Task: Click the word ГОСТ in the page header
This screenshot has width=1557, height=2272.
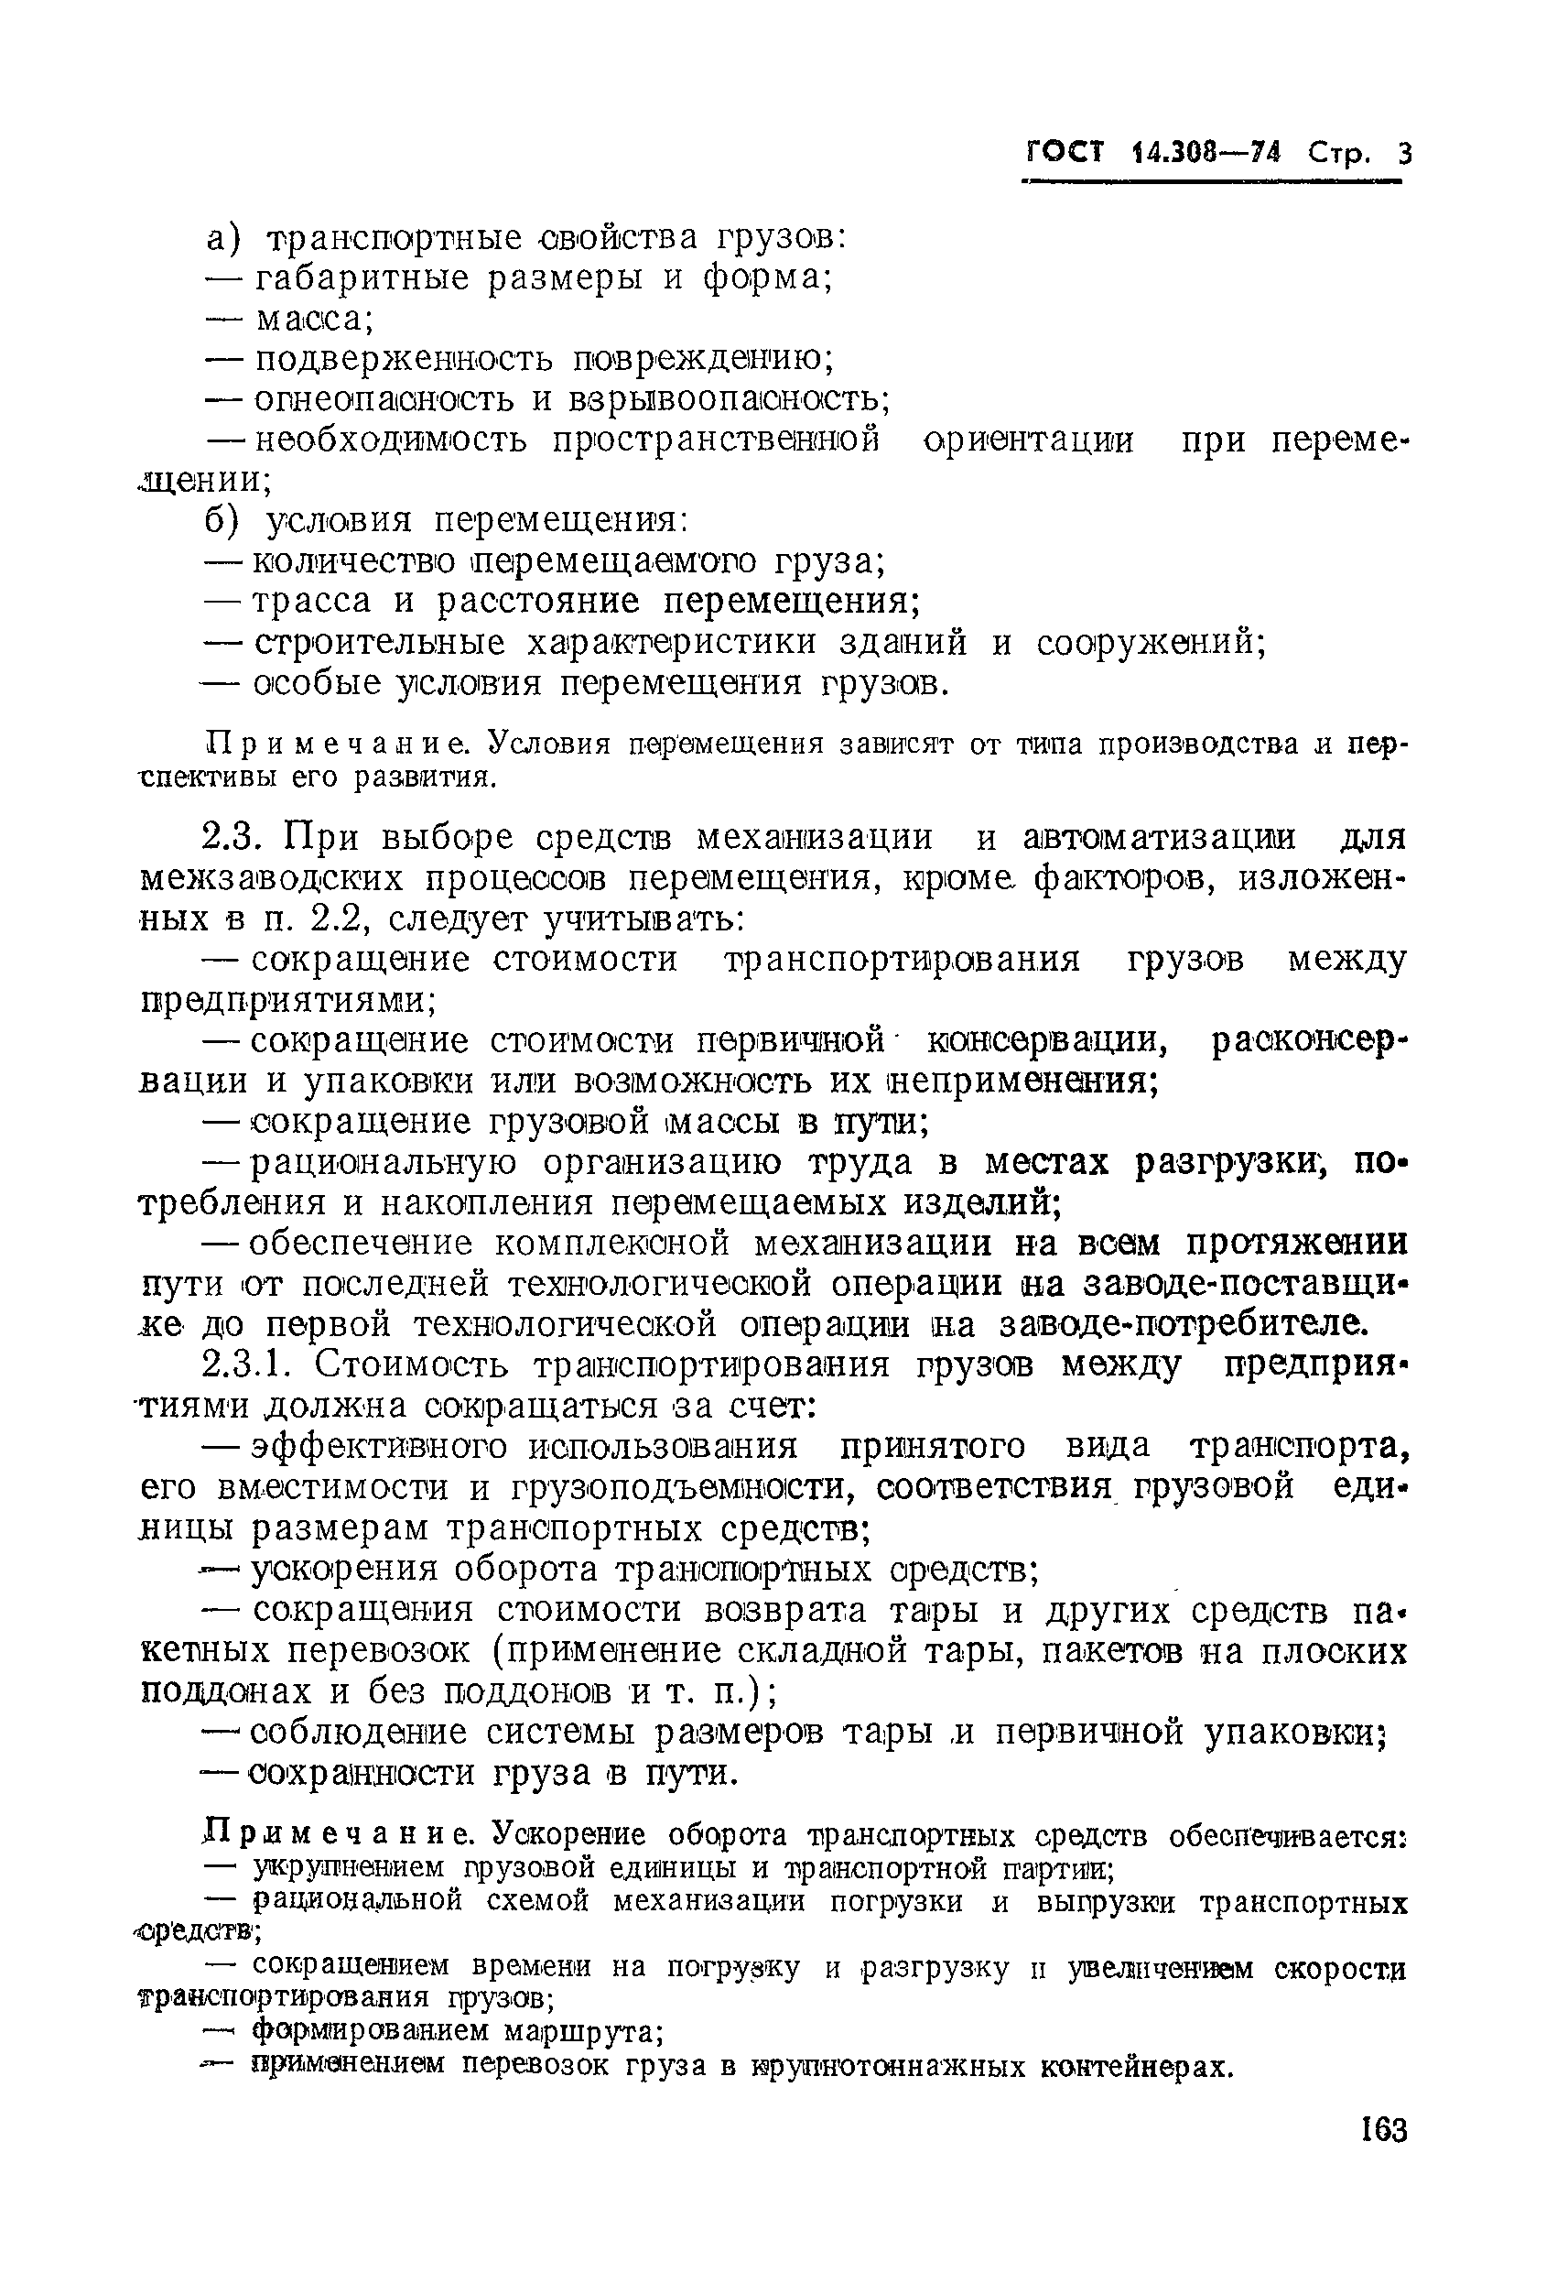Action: click(1064, 153)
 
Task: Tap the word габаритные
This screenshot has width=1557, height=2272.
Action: click(361, 279)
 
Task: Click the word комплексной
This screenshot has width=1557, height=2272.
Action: click(611, 1244)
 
